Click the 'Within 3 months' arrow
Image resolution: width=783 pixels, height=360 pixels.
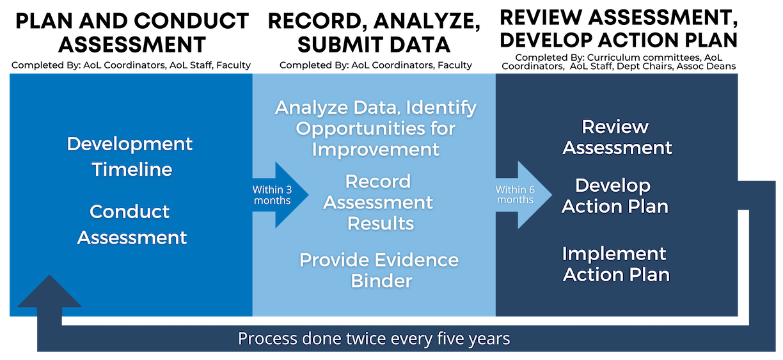coord(280,195)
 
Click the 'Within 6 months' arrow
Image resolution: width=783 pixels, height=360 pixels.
coord(523,195)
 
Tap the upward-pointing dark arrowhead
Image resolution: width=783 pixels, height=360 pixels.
coord(50,292)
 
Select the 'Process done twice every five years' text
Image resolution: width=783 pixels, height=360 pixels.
coord(374,338)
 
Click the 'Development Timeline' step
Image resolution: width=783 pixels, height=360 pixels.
coord(130,157)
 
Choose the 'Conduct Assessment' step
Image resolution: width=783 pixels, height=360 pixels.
coord(131,224)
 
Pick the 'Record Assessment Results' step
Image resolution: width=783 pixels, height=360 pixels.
coord(378,202)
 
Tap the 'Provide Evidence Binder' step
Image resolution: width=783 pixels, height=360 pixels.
coord(379,270)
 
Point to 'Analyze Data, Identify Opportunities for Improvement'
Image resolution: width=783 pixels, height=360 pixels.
coord(376,129)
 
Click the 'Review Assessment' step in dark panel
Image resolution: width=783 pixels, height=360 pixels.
coord(617,137)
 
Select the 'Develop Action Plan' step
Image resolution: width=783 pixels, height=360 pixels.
coord(615,196)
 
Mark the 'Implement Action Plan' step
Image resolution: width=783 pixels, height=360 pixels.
coord(616,264)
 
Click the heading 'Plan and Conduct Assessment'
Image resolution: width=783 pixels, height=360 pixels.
coord(132,33)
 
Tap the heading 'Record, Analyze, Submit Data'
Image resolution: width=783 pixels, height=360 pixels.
coord(374,33)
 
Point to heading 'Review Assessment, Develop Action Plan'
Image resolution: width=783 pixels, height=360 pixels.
coord(619,29)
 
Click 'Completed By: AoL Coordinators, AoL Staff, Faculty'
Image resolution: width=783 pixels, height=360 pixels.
coord(131,65)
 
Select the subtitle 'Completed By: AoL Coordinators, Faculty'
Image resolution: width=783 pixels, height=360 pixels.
coord(376,65)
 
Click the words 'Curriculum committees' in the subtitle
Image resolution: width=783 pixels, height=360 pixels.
coord(644,58)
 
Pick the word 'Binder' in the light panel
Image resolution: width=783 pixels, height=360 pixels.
coord(381,281)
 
